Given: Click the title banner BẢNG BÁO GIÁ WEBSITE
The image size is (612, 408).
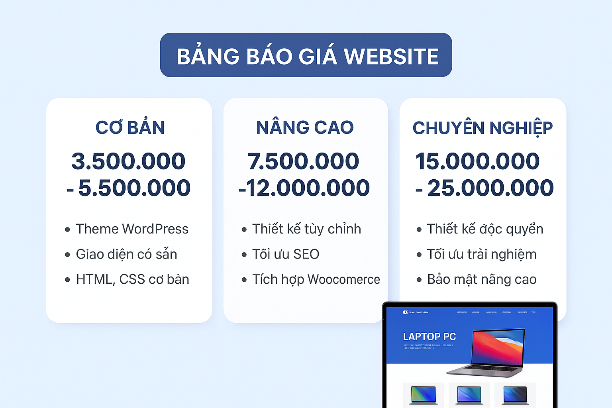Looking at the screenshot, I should pyautogui.click(x=306, y=55).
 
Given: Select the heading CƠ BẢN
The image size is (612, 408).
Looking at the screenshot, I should pyautogui.click(x=130, y=127).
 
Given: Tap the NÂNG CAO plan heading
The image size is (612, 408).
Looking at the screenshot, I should pyautogui.click(x=305, y=127).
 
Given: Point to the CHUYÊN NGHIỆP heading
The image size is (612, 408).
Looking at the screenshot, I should pyautogui.click(x=483, y=128).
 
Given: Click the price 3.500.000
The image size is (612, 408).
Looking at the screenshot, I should pyautogui.click(x=128, y=161).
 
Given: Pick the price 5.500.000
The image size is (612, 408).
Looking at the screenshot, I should pyautogui.click(x=134, y=188).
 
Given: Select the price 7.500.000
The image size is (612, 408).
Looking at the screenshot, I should pyautogui.click(x=303, y=161).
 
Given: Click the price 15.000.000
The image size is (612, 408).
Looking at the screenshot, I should pyautogui.click(x=477, y=161).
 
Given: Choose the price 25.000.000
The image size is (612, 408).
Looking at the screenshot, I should pyautogui.click(x=490, y=188).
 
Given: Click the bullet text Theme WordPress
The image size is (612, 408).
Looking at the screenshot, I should pyautogui.click(x=132, y=229).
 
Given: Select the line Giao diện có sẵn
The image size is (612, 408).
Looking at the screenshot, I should pyautogui.click(x=126, y=254).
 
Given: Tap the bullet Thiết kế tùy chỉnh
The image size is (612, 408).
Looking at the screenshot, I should pyautogui.click(x=306, y=229).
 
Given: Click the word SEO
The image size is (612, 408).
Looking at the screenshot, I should pyautogui.click(x=306, y=254).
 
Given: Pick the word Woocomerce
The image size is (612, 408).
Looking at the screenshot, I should pyautogui.click(x=343, y=279).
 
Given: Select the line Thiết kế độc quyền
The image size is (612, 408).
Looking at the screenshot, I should pyautogui.click(x=485, y=229).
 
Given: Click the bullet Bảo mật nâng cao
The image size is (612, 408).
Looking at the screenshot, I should pyautogui.click(x=482, y=279).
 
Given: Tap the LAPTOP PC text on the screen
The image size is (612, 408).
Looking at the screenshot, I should pyautogui.click(x=429, y=337).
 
